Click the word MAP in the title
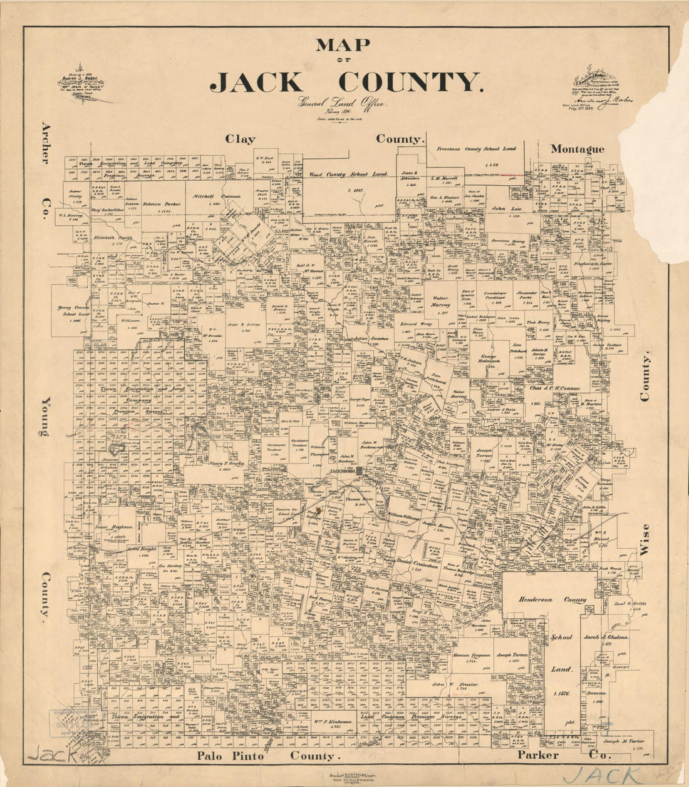click(x=343, y=46)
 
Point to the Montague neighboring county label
click(x=577, y=149)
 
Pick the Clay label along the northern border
click(x=241, y=140)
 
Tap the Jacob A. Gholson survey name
click(x=606, y=636)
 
